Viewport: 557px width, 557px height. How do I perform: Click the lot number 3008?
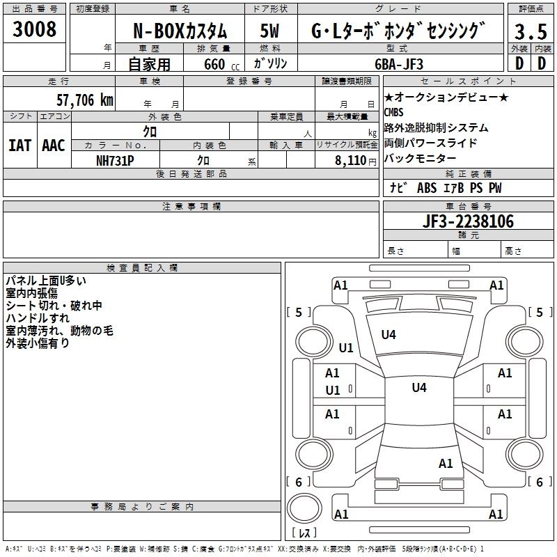point(35,29)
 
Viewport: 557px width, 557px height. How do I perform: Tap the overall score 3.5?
point(529,32)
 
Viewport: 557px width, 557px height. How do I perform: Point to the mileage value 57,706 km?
point(85,100)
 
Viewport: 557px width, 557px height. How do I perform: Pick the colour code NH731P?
point(115,159)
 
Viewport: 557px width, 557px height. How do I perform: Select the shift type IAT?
point(19,146)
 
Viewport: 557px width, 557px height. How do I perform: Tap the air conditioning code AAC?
point(53,146)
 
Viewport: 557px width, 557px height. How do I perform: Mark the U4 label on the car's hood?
point(388,335)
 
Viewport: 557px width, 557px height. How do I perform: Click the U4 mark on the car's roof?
point(418,388)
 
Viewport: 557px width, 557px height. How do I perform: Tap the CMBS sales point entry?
point(393,112)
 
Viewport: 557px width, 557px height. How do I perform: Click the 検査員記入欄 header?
point(142,268)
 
